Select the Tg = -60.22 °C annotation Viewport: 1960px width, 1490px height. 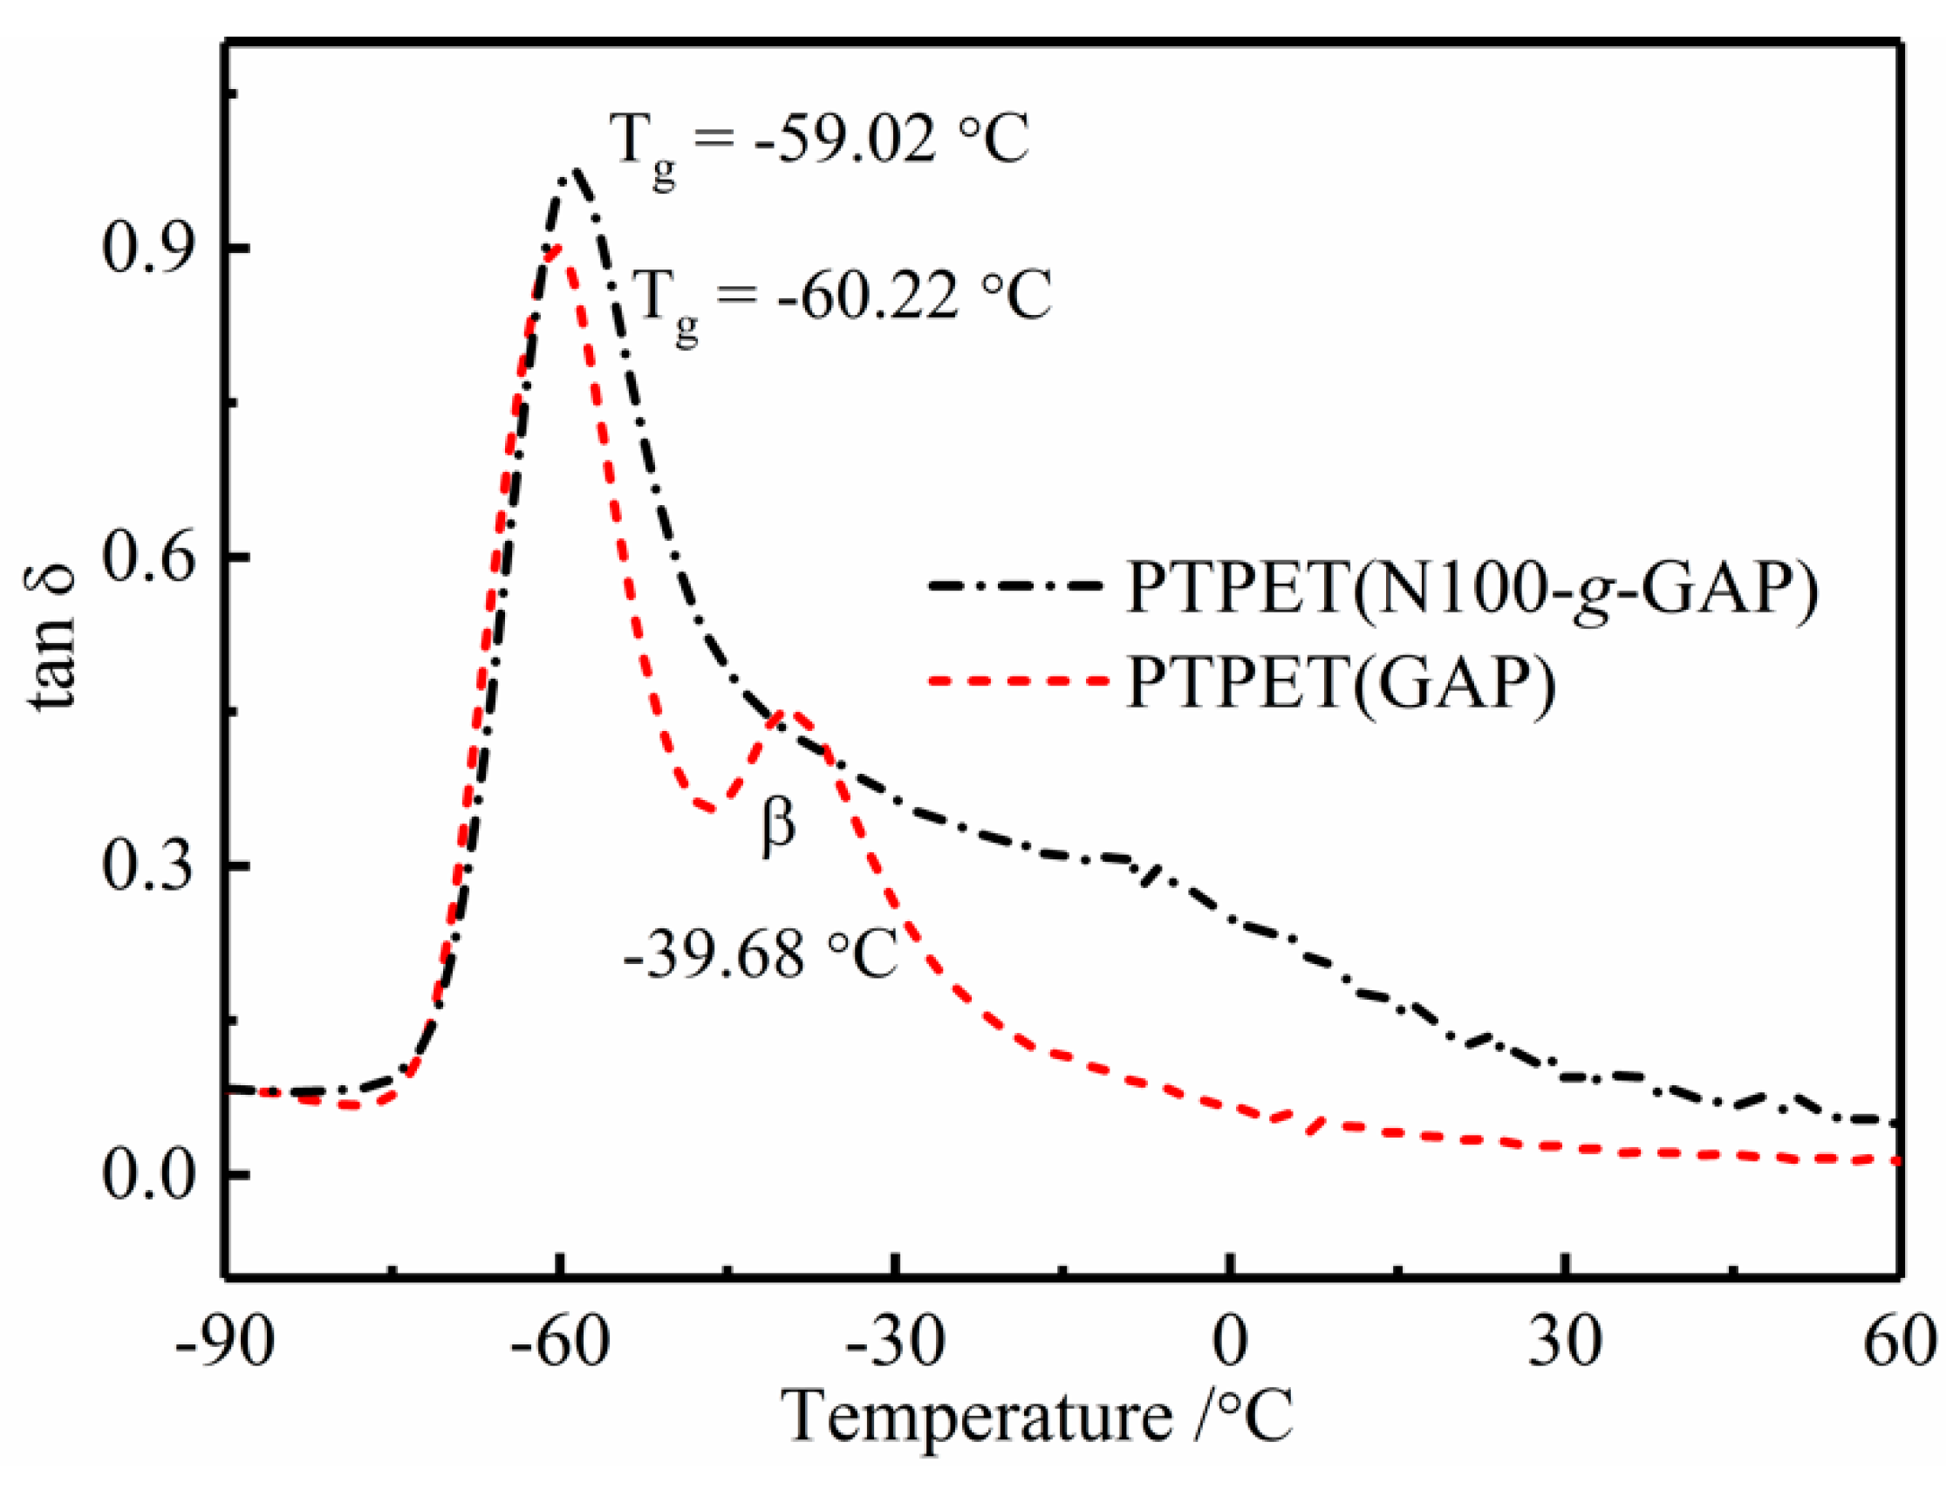(x=842, y=298)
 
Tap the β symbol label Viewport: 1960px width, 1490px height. (x=779, y=827)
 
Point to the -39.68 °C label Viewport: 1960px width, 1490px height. (x=761, y=956)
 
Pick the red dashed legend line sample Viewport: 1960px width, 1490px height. (x=1017, y=681)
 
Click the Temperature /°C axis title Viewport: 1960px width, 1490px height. (x=1037, y=1418)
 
